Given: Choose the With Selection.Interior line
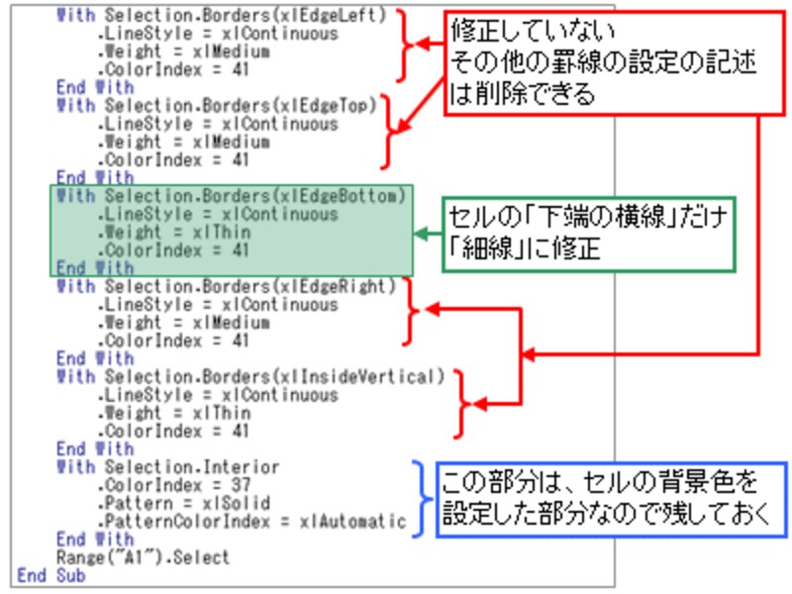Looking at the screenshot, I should tap(168, 467).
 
